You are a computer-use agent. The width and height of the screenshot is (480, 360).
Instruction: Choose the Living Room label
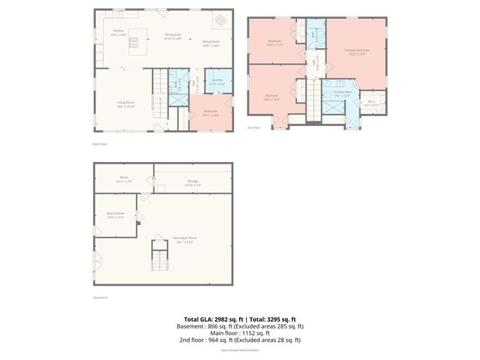tap(124, 103)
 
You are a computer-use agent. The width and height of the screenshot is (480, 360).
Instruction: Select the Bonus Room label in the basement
tap(115, 215)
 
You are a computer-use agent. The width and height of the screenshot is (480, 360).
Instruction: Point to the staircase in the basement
tap(159, 255)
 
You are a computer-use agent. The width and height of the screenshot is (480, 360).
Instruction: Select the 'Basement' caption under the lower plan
tap(100, 298)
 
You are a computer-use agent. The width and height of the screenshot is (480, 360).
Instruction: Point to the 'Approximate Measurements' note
tap(240, 349)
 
